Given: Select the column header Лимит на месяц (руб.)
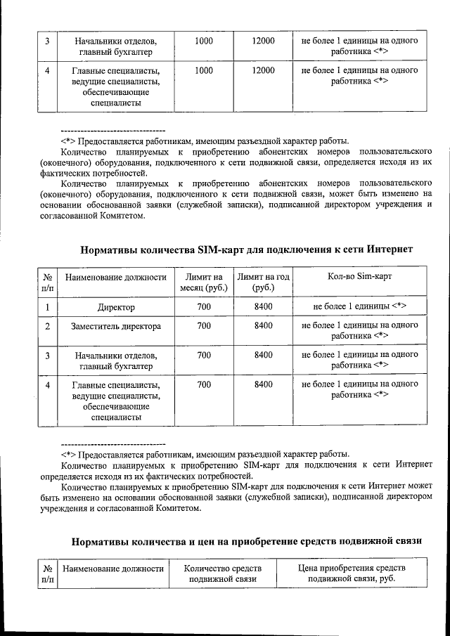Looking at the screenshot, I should coord(203,283).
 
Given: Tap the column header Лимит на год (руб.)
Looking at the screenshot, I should coord(264,283).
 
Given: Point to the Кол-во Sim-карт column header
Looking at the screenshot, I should coord(359,277).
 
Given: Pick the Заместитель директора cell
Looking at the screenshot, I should coord(116,326).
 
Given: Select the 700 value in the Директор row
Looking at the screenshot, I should coord(203,307).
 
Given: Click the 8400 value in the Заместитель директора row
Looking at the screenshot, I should coord(264,326).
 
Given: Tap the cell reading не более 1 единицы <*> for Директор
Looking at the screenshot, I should coord(359,307).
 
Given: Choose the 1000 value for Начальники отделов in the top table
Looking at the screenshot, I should coord(203,41).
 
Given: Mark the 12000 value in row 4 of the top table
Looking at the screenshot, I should coord(264,71).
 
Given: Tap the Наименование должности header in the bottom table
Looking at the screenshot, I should coord(113,568).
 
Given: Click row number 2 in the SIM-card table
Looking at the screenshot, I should coord(47,326).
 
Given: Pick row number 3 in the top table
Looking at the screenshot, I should coord(47,41).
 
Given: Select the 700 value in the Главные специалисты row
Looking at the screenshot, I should coord(203,385).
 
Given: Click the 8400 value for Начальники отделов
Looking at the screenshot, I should coord(264,356).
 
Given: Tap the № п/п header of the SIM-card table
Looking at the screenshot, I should coord(47,283).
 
